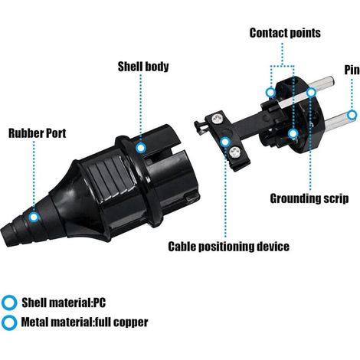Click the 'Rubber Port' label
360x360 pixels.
tap(38, 133)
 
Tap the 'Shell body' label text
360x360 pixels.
tap(143, 67)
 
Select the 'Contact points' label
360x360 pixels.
tap(285, 33)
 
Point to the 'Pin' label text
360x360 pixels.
tap(352, 70)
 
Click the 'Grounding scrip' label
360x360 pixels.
tap(309, 198)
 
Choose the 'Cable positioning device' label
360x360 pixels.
tap(229, 247)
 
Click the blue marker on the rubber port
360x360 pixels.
tap(34, 217)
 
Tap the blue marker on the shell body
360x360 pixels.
tap(141, 148)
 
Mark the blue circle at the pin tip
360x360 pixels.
tap(352, 115)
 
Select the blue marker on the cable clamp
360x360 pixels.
tap(225, 142)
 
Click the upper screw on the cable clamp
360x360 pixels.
tap(218, 118)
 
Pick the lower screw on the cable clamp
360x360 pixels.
tap(235, 152)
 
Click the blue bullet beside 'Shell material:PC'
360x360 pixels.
tap(9, 303)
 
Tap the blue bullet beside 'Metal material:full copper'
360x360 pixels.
tap(9, 322)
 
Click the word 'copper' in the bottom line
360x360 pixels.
tap(130, 322)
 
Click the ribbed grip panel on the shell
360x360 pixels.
tap(109, 176)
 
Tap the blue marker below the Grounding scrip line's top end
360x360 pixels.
tap(311, 93)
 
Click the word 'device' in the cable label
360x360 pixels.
tap(273, 247)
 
